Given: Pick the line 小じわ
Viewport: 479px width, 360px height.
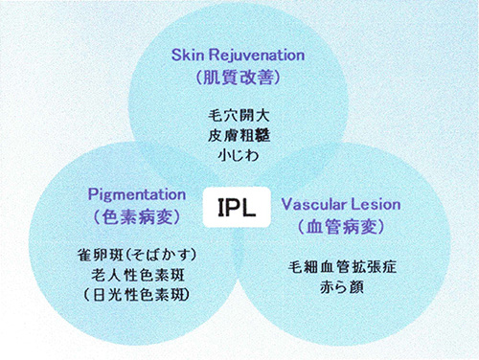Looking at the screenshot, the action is pyautogui.click(x=239, y=155).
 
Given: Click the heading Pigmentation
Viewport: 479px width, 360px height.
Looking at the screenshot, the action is pyautogui.click(x=136, y=192).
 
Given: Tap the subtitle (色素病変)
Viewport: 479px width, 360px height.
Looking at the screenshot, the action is pyautogui.click(x=135, y=216).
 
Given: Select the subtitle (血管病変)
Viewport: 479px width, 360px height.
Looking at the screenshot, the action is pyautogui.click(x=343, y=228).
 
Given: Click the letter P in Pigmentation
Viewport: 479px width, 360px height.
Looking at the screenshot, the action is pyautogui.click(x=93, y=192).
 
